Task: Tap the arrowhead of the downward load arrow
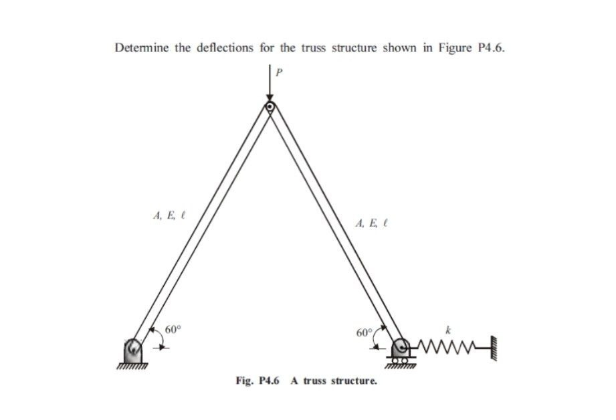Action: (x=270, y=98)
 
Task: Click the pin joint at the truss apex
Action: (x=270, y=106)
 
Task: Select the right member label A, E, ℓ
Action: (x=373, y=224)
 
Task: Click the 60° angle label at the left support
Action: (x=173, y=330)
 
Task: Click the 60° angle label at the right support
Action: (x=365, y=332)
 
